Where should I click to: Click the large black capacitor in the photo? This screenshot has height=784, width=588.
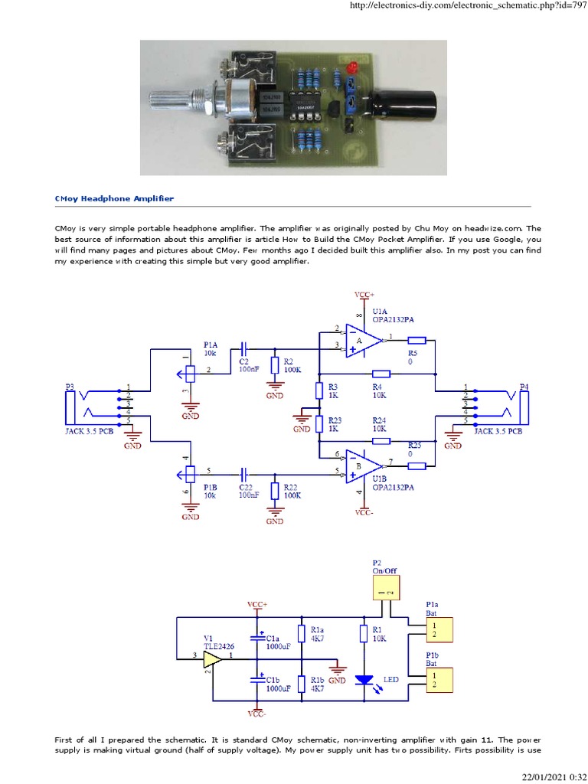403,103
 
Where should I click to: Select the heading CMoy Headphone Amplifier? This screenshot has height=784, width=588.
114,198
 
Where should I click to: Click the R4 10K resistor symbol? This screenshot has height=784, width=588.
380,374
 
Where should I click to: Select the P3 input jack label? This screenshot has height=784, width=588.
70,387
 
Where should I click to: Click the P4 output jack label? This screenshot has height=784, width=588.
524,387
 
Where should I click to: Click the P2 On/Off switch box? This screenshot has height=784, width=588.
387,587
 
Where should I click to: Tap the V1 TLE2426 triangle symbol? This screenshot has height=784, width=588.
212,657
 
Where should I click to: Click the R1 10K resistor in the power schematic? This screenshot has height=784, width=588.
364,633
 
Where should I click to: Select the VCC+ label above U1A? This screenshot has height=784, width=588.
364,295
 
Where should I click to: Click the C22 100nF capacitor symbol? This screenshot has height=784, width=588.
244,472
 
